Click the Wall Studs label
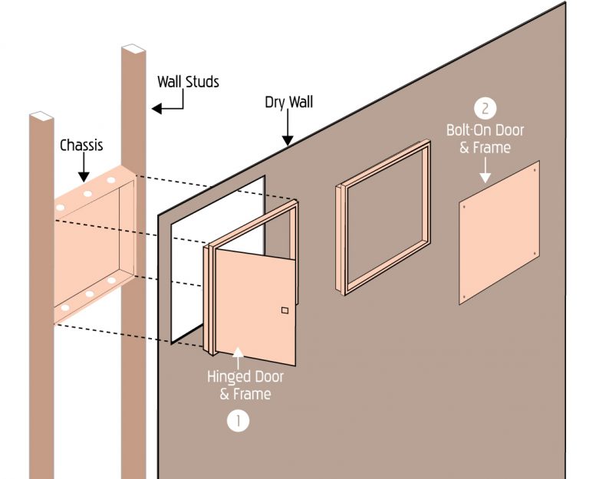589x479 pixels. [188, 81]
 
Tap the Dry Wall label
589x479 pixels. [288, 102]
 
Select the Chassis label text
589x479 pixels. [81, 146]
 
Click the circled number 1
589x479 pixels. [239, 421]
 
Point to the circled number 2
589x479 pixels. [485, 109]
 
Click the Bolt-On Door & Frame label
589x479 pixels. [485, 139]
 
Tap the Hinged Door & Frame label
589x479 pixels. [245, 385]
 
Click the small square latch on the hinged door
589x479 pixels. [285, 310]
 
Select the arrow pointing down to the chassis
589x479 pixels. [84, 167]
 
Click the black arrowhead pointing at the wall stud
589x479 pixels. [156, 109]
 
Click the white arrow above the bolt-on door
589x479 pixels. [485, 170]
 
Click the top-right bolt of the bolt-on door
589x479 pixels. [535, 169]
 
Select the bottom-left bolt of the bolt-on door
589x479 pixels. [464, 297]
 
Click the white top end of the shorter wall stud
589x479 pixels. [41, 116]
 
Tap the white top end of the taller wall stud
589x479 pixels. [133, 48]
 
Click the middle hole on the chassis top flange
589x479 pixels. [87, 194]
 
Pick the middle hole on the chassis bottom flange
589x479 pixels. [90, 294]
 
